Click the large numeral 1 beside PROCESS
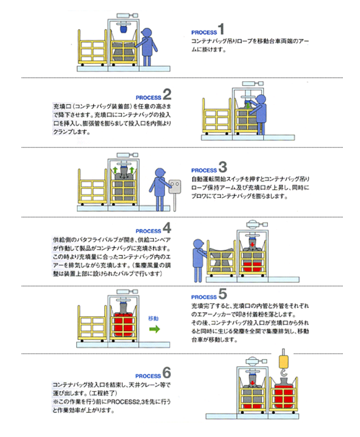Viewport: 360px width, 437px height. pos(221,29)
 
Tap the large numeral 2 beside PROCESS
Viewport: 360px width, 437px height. pos(167,94)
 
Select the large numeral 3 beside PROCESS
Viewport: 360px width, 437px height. pos(223,167)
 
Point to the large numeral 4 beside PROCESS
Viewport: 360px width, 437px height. pos(167,228)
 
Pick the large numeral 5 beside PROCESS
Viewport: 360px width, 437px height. pos(223,293)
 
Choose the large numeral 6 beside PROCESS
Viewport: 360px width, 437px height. pos(167,372)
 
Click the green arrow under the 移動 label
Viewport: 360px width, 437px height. pos(155,329)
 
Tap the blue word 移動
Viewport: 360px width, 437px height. pos(153,318)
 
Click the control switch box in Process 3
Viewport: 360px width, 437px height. pos(175,186)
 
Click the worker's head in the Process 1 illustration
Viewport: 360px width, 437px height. pos(147,32)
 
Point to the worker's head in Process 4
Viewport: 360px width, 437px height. pos(198,243)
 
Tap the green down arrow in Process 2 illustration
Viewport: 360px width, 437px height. pos(248,106)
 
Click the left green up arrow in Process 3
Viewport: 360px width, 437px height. pos(115,170)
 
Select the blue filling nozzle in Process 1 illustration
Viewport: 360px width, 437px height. pos(123,29)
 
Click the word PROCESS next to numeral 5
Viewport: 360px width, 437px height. pos(204,297)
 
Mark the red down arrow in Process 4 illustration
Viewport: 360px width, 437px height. pos(252,244)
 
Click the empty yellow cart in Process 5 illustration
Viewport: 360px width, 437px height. pos(92,324)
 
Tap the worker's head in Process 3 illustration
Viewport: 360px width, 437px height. pos(160,172)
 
